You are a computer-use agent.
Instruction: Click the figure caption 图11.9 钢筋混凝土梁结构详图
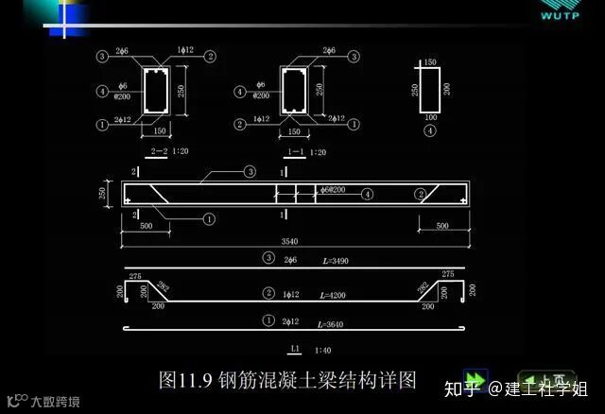(x=288, y=380)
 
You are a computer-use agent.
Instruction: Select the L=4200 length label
(x=333, y=295)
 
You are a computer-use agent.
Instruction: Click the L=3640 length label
(x=333, y=323)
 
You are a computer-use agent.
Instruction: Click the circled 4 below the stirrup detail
(x=430, y=130)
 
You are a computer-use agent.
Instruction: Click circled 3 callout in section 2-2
(x=101, y=57)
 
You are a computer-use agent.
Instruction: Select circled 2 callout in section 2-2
(x=208, y=57)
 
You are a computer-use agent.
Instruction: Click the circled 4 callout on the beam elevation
(x=368, y=195)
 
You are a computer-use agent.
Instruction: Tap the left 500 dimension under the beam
(x=145, y=227)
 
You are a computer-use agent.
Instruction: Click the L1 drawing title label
(x=296, y=349)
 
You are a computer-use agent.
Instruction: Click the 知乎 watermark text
(x=464, y=388)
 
